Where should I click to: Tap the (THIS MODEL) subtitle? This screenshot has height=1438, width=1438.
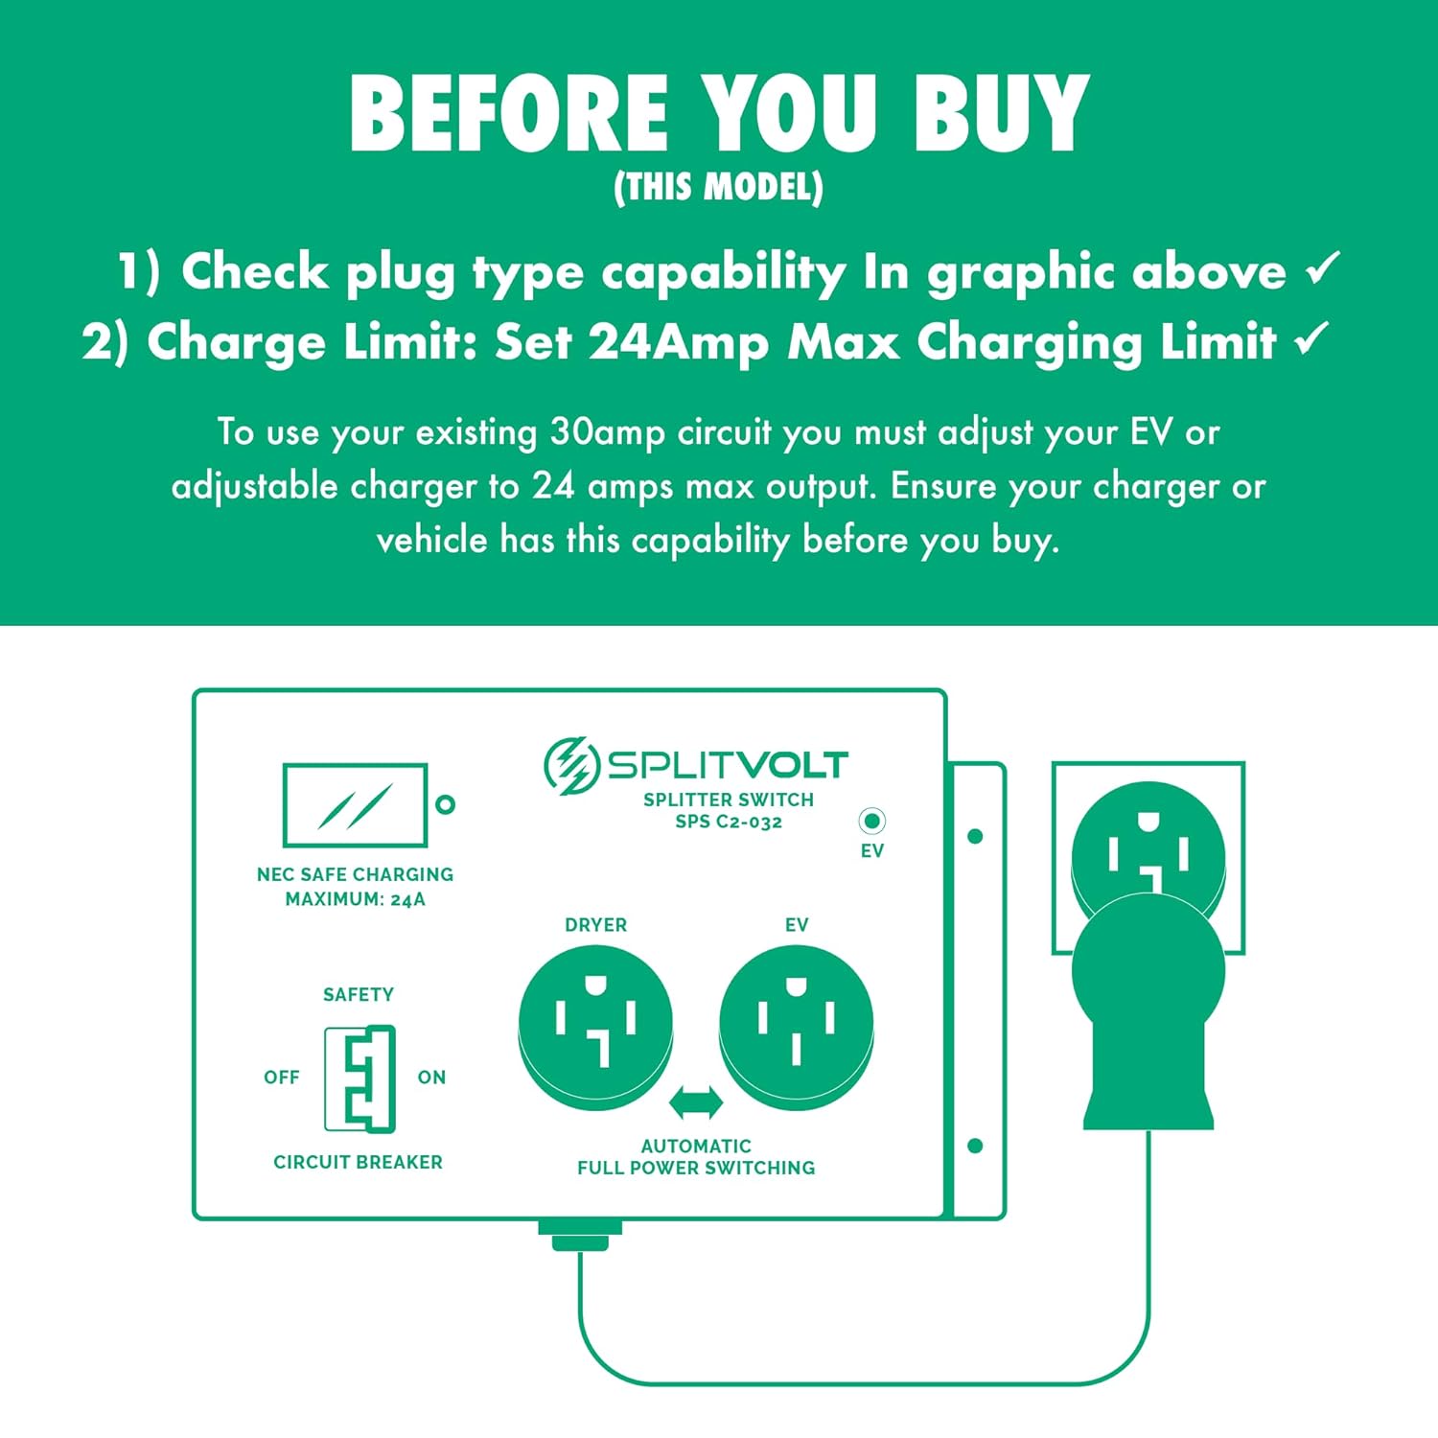tap(718, 187)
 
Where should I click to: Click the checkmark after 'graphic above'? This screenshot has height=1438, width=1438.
tap(1323, 269)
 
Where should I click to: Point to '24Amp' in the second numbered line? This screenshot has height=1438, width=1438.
tap(678, 342)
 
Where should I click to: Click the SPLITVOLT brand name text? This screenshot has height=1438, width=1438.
tap(728, 765)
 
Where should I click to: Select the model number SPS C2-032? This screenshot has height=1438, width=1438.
tap(729, 822)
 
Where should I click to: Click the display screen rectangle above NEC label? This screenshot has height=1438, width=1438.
tap(356, 804)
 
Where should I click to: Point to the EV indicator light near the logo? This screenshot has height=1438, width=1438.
tap(871, 821)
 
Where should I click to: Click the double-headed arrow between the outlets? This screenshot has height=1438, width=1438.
tap(696, 1102)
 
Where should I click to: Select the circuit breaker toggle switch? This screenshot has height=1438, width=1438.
tap(359, 1079)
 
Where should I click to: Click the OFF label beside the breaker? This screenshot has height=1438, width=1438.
tap(282, 1078)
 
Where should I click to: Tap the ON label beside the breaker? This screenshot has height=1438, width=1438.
tap(431, 1078)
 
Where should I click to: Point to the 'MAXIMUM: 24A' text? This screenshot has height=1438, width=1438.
tap(355, 899)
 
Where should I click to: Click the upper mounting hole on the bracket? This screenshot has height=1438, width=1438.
tap(975, 836)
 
